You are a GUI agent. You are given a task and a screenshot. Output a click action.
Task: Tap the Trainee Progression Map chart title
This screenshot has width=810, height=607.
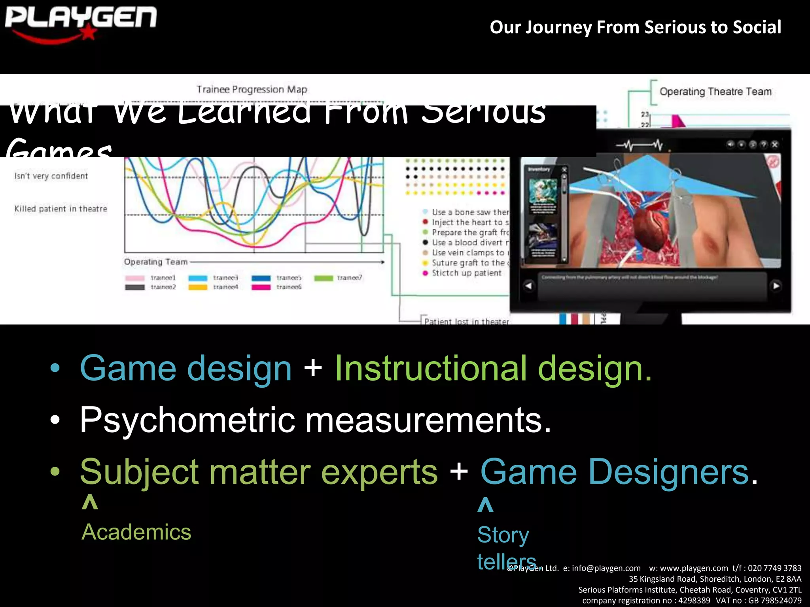252,89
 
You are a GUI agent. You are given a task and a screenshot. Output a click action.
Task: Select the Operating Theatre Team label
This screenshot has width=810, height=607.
715,92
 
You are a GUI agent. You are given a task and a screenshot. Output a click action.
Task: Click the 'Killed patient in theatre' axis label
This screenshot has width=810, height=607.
61,209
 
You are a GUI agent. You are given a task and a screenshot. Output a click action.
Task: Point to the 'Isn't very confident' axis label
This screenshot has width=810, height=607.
51,176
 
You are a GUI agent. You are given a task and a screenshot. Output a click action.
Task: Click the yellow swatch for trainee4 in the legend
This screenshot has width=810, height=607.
198,287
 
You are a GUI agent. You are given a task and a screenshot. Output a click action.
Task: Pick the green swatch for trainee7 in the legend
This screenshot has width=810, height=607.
324,278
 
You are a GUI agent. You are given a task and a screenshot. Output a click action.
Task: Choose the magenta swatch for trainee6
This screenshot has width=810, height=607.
261,287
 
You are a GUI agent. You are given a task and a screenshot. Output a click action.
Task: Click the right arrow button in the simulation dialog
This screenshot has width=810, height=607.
776,286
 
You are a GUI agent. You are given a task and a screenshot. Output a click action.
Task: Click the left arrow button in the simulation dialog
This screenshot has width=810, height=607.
528,286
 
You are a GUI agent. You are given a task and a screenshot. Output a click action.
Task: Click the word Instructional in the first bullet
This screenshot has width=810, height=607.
431,368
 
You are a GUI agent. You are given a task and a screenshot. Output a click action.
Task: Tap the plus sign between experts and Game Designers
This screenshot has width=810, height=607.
459,471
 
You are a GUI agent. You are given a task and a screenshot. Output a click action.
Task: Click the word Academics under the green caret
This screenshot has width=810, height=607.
136,532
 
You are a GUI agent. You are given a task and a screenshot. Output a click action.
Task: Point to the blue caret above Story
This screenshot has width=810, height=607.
485,505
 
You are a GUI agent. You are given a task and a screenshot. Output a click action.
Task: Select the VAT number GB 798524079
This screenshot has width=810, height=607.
774,601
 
